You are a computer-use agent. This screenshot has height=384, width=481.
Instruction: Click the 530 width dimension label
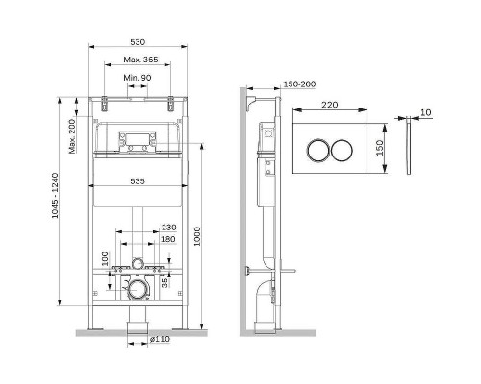[x=138, y=42]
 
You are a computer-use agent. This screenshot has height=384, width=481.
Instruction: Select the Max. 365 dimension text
[x=140, y=60]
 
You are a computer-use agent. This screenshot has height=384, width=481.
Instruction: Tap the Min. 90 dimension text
[x=138, y=78]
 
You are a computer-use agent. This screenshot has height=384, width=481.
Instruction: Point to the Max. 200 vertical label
[x=72, y=136]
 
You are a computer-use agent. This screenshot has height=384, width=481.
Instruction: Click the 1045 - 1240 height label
[x=55, y=196]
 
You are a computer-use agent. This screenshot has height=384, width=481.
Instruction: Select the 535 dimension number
[x=138, y=181]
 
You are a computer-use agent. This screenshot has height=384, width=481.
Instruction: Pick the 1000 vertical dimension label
[x=197, y=236]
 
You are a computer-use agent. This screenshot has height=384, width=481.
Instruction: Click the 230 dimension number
[x=168, y=228]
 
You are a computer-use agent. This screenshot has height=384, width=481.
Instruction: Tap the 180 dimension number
[x=168, y=239]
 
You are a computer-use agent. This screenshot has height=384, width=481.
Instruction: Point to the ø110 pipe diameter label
[x=160, y=339]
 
